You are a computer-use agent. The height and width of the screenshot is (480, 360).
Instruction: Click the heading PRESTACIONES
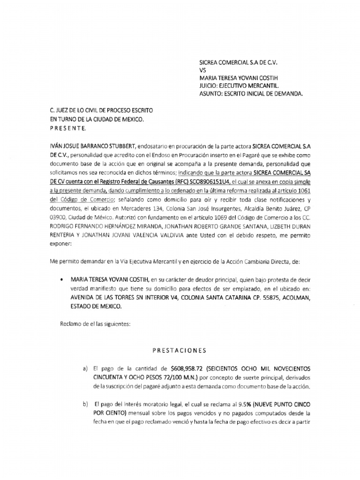(180, 350)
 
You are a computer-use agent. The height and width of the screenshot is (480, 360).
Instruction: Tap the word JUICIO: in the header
(211, 86)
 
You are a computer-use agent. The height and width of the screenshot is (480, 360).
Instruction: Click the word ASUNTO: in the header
(213, 94)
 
